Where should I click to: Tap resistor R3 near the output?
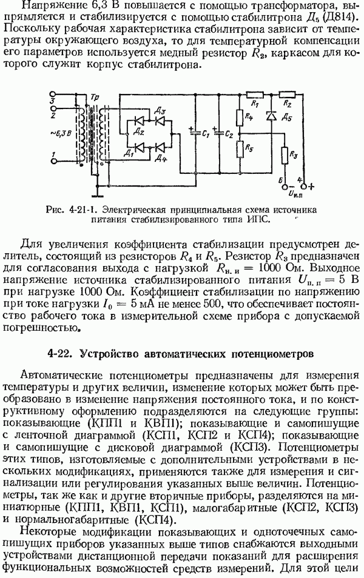click(x=285, y=155)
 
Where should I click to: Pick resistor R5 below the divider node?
click(x=239, y=149)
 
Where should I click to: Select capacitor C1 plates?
click(x=195, y=133)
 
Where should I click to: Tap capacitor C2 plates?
click(x=218, y=133)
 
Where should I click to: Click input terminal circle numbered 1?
click(x=53, y=161)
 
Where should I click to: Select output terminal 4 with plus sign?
click(x=304, y=187)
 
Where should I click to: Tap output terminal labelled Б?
click(x=285, y=187)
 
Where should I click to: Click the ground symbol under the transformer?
click(x=96, y=193)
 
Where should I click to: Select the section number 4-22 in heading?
click(x=58, y=354)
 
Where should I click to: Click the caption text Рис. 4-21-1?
click(x=72, y=211)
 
